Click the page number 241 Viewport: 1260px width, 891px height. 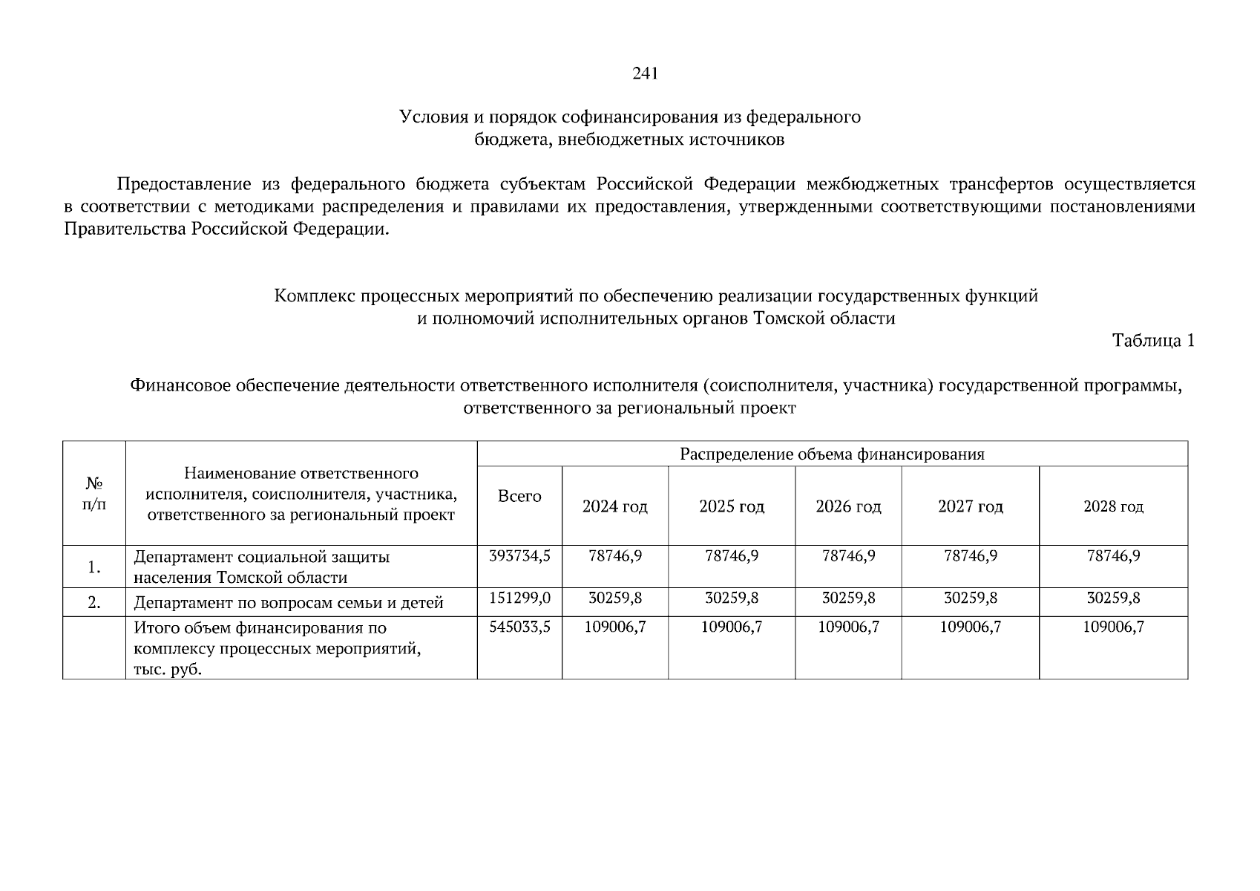point(645,74)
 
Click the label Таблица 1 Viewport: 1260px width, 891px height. point(1153,341)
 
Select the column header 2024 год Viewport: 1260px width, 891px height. point(614,507)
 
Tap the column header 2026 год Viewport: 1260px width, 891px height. point(848,507)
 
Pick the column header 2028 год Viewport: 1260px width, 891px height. point(1113,507)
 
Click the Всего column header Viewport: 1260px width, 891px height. point(519,496)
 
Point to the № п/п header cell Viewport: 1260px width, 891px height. point(93,494)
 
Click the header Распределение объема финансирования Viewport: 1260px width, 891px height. point(832,454)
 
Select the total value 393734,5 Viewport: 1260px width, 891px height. point(519,555)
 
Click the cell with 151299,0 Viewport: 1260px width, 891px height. point(519,598)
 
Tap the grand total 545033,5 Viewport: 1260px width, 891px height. point(519,627)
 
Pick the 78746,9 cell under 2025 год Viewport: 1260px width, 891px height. point(731,555)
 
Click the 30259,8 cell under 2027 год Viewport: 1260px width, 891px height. point(970,598)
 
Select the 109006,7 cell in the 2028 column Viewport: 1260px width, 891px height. point(1113,627)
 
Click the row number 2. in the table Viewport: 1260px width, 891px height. point(94,603)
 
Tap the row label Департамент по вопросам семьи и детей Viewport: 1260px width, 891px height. point(288,603)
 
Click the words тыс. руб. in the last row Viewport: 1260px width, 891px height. point(168,670)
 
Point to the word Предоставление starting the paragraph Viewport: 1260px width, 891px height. point(184,184)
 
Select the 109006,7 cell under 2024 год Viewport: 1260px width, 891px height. point(614,627)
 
